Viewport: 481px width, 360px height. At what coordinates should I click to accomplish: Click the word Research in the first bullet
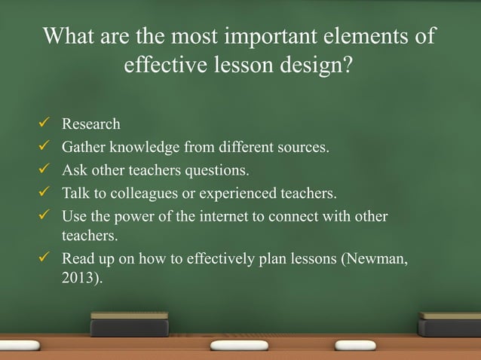point(90,124)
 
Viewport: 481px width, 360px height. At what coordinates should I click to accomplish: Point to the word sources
point(303,147)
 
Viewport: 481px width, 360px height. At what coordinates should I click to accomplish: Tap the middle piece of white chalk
point(238,345)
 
